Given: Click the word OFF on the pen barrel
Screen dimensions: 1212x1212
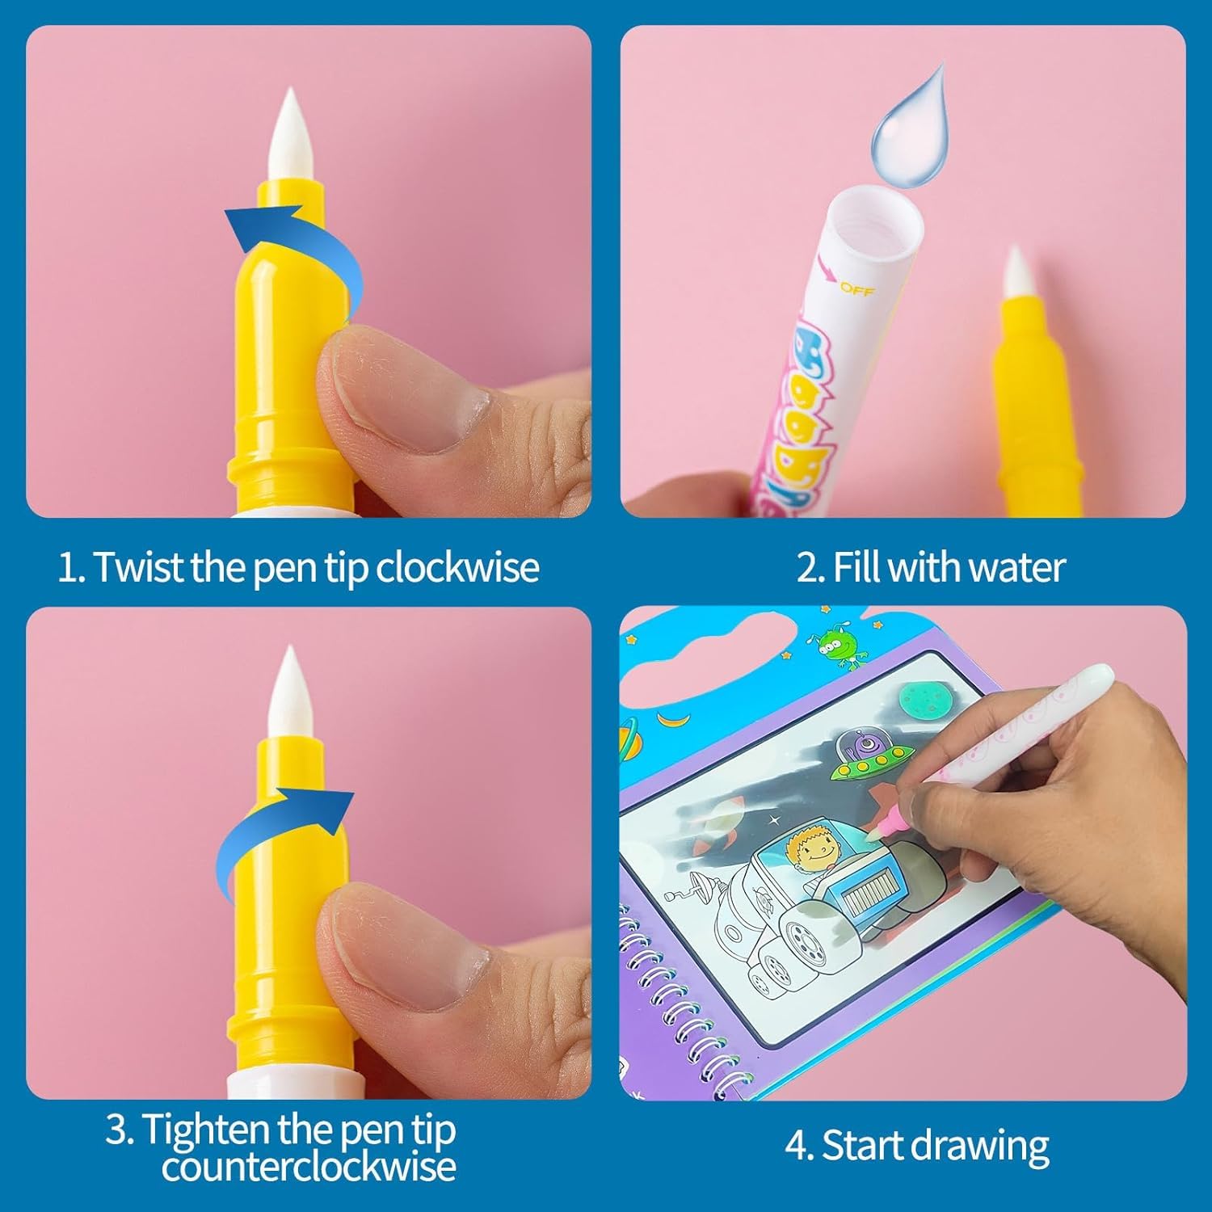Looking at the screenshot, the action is (856, 288).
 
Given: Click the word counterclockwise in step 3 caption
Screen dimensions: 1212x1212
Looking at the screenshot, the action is (309, 1168).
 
